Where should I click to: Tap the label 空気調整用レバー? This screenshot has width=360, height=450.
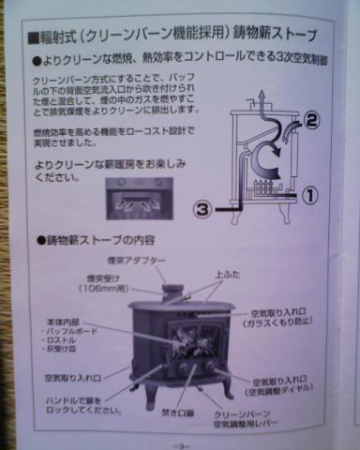(247, 424)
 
